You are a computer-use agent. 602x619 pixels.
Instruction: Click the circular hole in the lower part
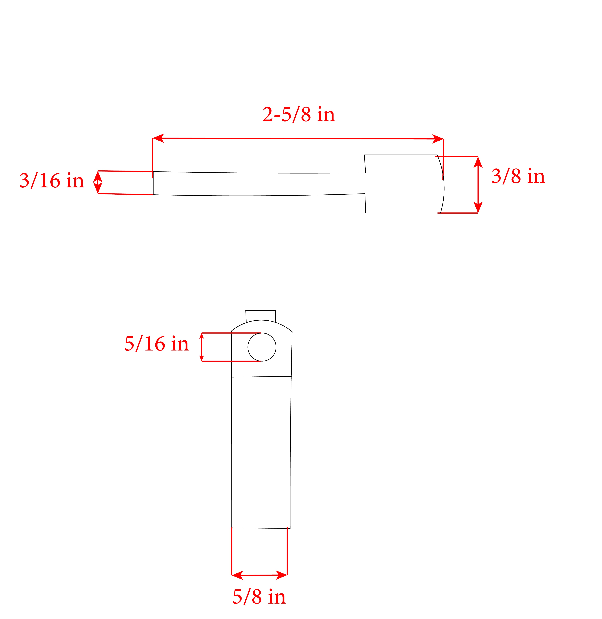pos(262,347)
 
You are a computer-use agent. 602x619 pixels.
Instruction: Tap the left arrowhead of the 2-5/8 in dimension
pos(158,138)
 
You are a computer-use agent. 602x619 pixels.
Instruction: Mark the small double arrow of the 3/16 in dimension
pos(98,183)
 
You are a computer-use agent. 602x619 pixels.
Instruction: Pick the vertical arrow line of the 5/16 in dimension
pos(202,347)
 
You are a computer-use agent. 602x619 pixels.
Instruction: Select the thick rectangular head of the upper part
pos(402,184)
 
